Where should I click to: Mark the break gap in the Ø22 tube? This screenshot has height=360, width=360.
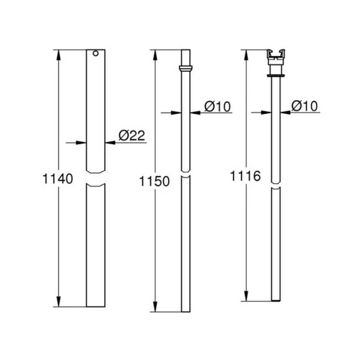(x=96, y=180)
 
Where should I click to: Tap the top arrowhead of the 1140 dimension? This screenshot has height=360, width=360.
(x=60, y=52)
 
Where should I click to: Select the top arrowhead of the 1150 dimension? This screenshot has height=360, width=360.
(x=155, y=52)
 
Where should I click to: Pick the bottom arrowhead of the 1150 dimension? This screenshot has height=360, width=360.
(x=155, y=306)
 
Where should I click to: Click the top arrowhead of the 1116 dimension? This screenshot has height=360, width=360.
(x=245, y=52)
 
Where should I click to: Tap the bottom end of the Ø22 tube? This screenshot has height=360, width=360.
(x=96, y=305)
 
